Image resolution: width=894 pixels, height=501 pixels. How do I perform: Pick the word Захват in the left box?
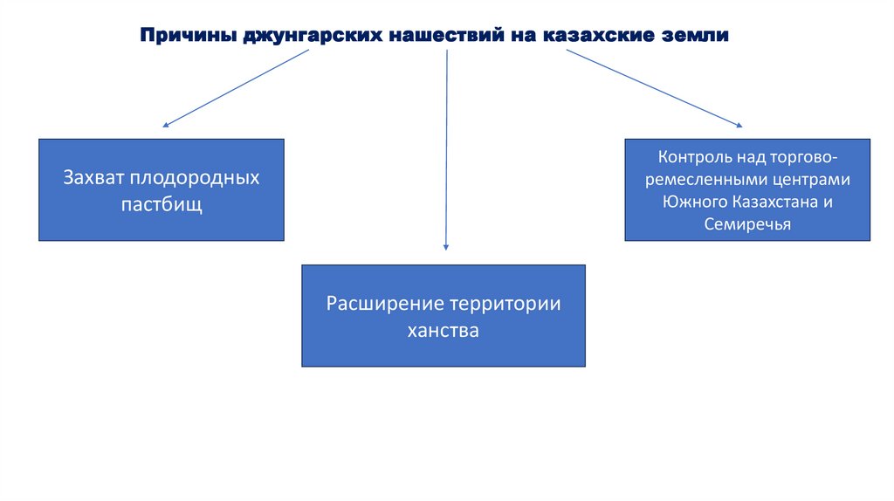click(x=94, y=177)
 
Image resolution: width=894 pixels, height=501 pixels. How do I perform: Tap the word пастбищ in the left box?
click(x=161, y=206)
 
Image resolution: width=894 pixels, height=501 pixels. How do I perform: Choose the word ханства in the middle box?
click(x=444, y=332)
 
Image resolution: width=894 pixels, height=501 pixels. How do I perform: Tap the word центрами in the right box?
click(x=811, y=181)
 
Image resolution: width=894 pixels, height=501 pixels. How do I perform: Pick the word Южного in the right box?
click(x=689, y=202)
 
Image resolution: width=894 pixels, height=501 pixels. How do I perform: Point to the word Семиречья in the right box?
click(x=747, y=224)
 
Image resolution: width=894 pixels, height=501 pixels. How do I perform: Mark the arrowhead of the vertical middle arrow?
click(x=446, y=248)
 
